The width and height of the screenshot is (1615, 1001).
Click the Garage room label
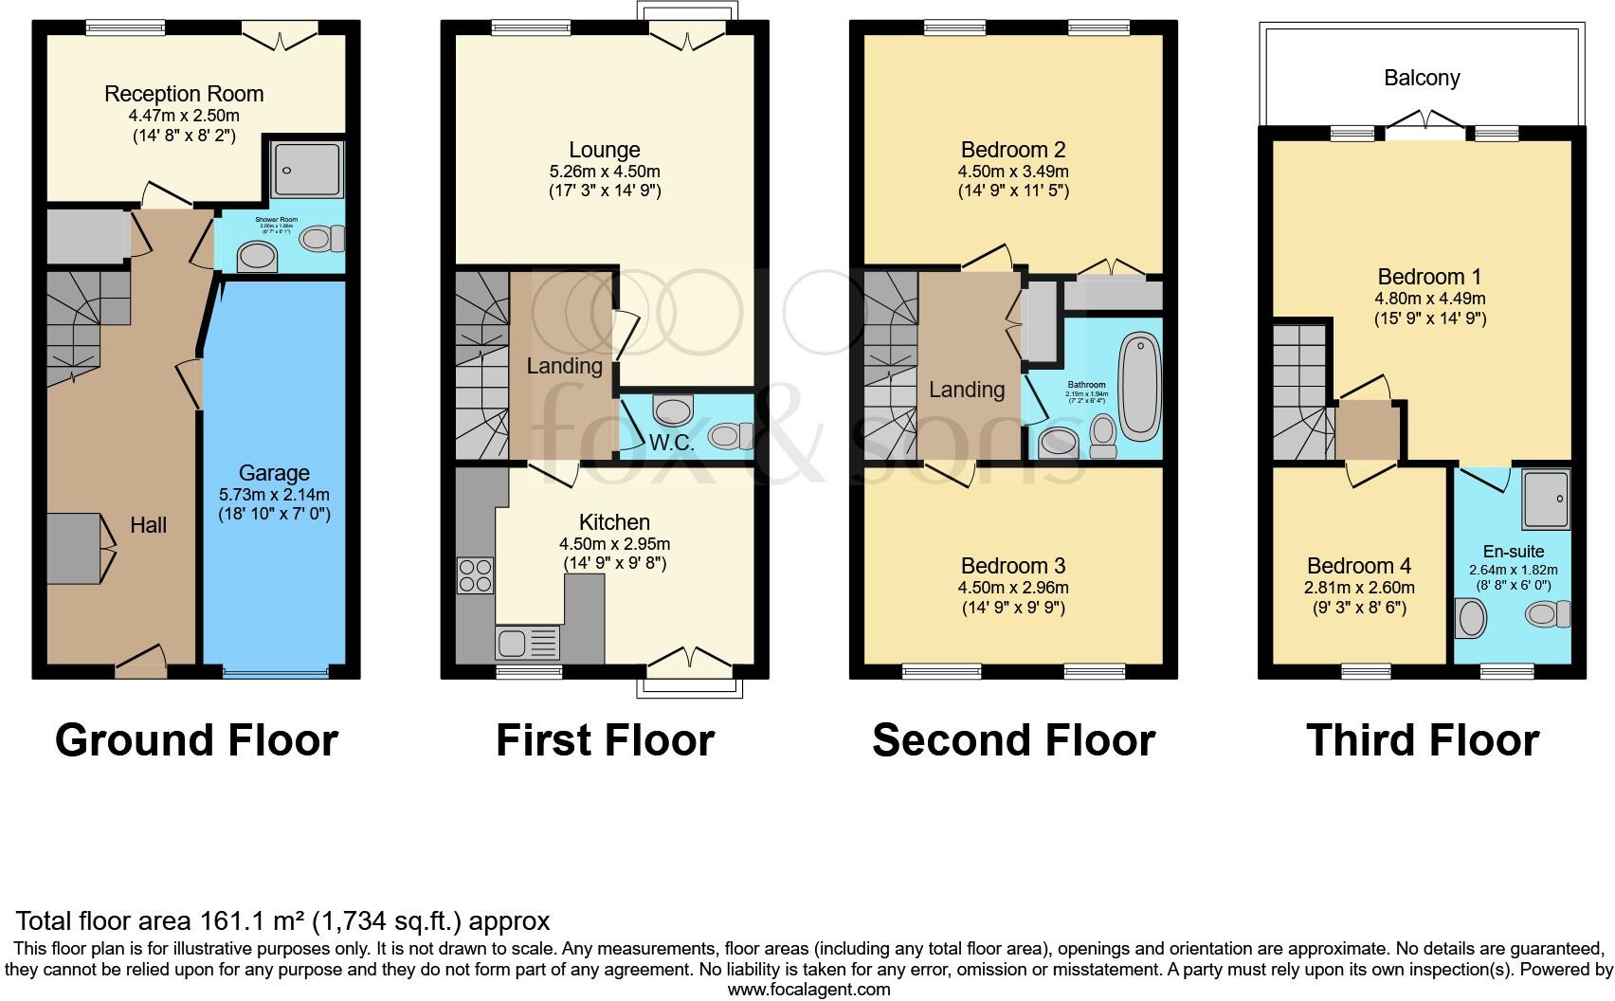tap(274, 472)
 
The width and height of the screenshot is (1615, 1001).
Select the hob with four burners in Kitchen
tap(475, 574)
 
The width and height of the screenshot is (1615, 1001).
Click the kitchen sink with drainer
tap(527, 644)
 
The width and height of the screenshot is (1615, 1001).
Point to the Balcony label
tap(1422, 78)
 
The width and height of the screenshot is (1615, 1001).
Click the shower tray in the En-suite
tap(1546, 499)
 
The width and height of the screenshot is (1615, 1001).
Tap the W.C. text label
tap(672, 442)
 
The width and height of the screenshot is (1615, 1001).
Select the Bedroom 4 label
tap(1358, 566)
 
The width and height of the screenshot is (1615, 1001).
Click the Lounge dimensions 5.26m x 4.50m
tap(605, 172)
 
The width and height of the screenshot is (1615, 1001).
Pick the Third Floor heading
tap(1422, 740)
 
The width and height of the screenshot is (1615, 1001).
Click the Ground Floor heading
tap(196, 740)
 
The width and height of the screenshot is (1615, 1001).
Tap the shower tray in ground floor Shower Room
tap(306, 169)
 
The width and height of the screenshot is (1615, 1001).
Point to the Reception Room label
tap(184, 94)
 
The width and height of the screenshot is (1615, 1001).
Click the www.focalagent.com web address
tap(808, 990)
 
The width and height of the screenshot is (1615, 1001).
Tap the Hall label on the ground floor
tap(149, 525)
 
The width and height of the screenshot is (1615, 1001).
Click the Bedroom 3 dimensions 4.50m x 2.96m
tap(1013, 587)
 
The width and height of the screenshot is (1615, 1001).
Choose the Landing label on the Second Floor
tap(967, 389)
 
